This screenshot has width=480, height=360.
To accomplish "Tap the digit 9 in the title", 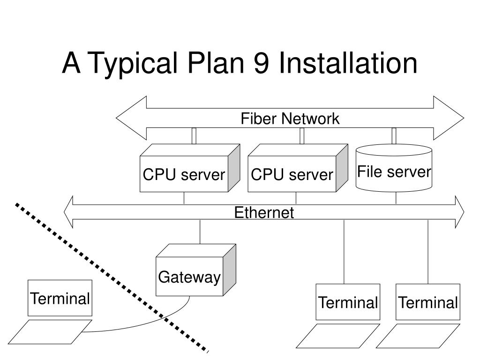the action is (x=261, y=62).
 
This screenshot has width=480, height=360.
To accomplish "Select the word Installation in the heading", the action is (x=348, y=62).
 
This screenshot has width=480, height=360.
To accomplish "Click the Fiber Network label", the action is (x=290, y=119).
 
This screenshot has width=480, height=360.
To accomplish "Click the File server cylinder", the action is (x=394, y=168).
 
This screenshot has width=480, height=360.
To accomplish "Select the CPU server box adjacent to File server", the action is (x=298, y=168).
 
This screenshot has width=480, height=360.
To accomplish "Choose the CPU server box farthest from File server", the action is (x=190, y=168).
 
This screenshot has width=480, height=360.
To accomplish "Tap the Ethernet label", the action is (x=264, y=212).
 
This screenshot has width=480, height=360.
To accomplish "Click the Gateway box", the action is (x=196, y=270).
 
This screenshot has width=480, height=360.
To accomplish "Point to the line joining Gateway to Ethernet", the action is (x=200, y=232).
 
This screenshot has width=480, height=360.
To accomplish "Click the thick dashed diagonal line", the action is (x=112, y=277).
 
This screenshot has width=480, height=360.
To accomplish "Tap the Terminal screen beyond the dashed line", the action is (x=60, y=298).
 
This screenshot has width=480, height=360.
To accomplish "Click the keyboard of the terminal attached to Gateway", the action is (x=50, y=332).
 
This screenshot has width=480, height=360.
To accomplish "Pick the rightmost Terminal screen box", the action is (x=428, y=302).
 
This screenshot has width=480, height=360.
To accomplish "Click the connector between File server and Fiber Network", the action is (x=394, y=136).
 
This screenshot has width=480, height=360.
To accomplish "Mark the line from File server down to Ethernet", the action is (x=396, y=198).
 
